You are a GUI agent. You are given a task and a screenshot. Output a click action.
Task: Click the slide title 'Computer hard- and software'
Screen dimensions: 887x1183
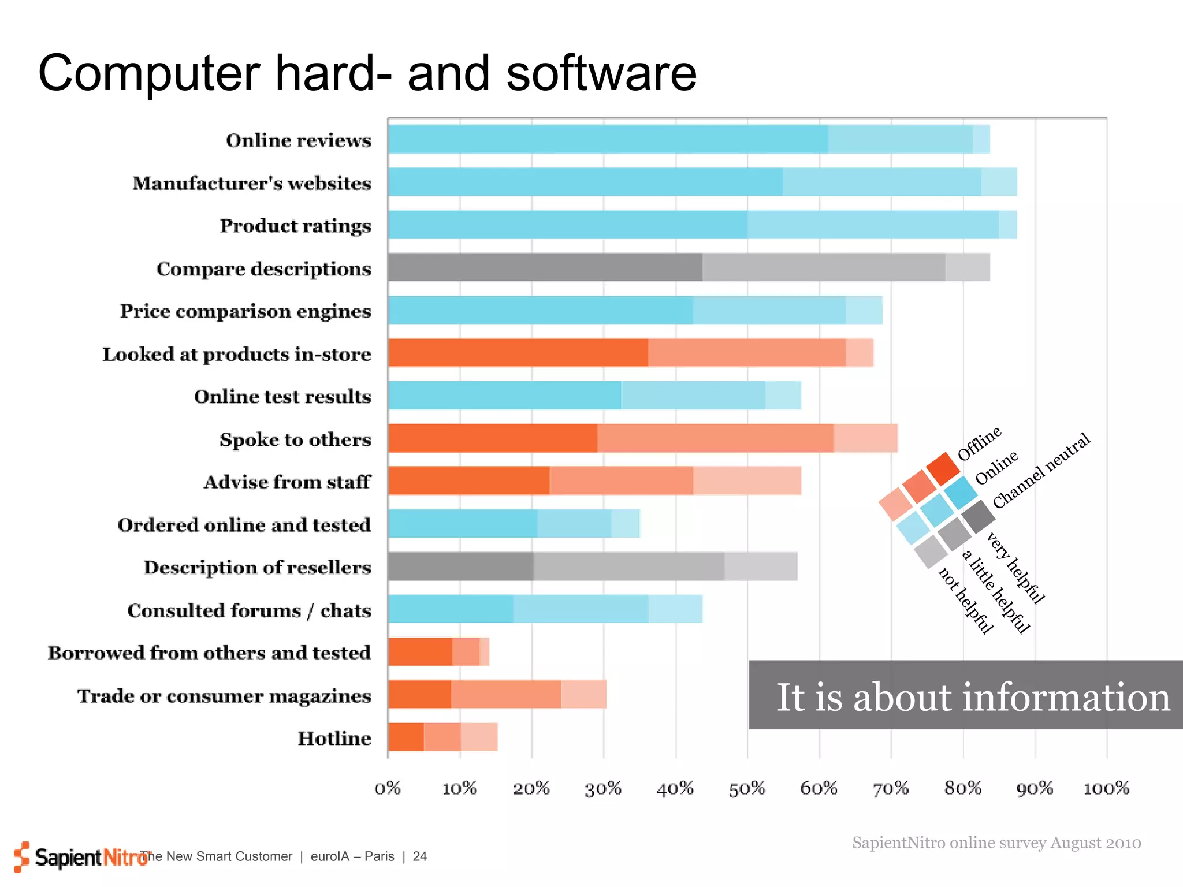click(367, 73)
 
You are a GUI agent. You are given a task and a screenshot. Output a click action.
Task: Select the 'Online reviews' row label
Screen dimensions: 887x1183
click(298, 140)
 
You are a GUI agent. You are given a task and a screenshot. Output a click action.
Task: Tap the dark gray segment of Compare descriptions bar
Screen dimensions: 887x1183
click(545, 267)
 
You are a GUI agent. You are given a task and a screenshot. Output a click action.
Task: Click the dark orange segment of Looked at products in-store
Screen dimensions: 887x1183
click(518, 353)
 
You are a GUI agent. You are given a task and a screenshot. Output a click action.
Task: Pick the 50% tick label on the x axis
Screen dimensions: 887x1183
click(746, 788)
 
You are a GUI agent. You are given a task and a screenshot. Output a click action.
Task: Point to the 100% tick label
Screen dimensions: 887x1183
click(1106, 788)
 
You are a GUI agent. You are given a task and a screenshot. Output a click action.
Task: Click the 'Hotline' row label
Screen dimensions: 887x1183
click(334, 739)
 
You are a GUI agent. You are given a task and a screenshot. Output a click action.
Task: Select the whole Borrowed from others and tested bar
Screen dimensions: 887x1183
click(438, 652)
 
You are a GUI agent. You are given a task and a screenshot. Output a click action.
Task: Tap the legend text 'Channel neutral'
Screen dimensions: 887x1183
click(1041, 471)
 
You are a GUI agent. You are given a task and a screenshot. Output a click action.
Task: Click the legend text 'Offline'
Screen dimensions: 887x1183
click(979, 443)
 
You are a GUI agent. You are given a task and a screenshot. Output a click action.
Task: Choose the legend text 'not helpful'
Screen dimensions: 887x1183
click(966, 601)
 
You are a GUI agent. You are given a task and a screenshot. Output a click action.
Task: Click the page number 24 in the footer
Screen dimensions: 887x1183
click(420, 856)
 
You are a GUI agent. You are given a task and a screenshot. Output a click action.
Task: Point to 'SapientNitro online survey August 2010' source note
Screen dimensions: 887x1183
click(996, 843)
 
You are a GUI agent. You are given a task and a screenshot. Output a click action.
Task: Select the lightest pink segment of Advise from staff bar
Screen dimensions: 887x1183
click(747, 481)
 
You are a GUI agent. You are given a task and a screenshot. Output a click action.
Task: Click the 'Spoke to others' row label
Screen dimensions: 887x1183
click(295, 440)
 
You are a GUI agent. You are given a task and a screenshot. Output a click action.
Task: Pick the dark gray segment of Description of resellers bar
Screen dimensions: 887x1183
click(460, 567)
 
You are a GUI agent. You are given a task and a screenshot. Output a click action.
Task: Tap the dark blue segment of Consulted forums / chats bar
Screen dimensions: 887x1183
click(451, 609)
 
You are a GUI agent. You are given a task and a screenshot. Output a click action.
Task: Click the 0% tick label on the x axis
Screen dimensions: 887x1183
click(388, 788)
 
